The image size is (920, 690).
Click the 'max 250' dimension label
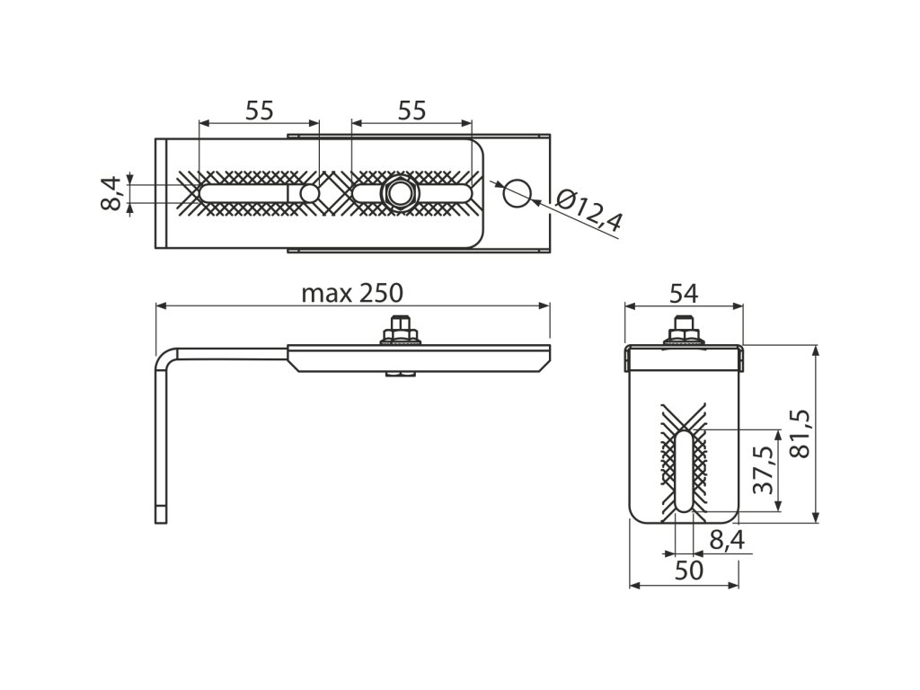(x=352, y=293)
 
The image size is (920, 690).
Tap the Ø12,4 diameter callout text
(x=588, y=212)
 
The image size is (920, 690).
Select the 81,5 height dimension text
(x=799, y=434)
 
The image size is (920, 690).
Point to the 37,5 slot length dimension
(x=763, y=469)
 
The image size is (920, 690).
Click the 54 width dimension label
(x=685, y=293)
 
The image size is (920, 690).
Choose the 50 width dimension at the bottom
(x=688, y=571)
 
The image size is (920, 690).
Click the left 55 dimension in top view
(x=259, y=111)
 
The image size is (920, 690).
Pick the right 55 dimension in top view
(x=411, y=111)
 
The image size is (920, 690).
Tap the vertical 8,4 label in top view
(x=111, y=193)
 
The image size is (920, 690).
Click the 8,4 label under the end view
(x=726, y=539)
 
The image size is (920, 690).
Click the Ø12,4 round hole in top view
(x=517, y=191)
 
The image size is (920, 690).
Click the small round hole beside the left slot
(x=309, y=193)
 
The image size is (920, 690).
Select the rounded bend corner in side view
(x=166, y=358)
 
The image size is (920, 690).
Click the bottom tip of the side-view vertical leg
(x=161, y=518)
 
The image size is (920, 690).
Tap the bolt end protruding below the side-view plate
(x=402, y=375)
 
